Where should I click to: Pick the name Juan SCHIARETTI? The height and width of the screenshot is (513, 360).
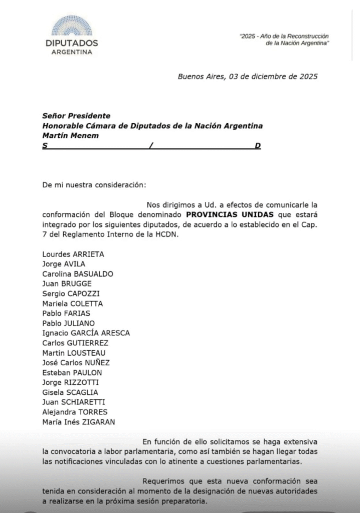click(74, 402)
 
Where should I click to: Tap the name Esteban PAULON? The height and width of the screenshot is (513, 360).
click(72, 372)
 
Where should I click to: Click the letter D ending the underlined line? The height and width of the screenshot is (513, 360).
click(258, 146)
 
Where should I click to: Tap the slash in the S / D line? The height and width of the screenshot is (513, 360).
click(150, 146)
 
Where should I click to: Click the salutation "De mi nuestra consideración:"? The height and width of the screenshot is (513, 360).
click(94, 185)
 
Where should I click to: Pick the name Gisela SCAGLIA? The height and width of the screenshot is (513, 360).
click(70, 392)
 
